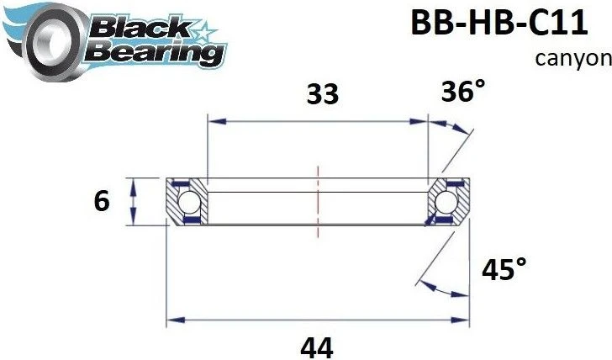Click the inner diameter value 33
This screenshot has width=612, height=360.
(322, 94)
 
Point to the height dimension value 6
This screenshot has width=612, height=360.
(102, 202)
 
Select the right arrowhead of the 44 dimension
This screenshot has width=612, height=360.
(463, 320)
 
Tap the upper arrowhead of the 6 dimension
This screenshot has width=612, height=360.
(133, 184)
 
